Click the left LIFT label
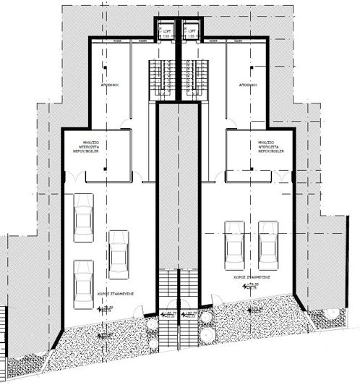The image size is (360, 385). point(168,33)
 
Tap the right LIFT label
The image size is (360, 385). point(191,33)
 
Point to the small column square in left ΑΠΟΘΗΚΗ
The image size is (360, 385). point(103,69)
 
